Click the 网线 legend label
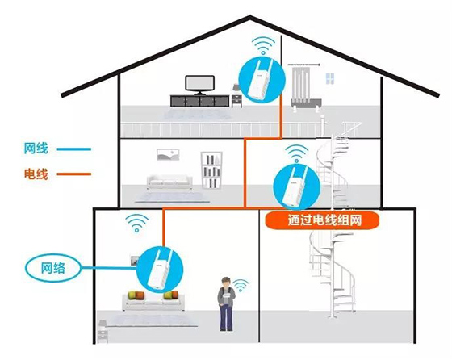36,149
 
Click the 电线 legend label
36,174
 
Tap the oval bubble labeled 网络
53,268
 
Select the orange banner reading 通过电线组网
322,220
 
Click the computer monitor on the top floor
200,85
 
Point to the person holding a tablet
226,303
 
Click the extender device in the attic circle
259,81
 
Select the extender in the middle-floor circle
295,186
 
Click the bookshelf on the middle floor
211,170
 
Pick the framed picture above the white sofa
168,154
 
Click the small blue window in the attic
330,78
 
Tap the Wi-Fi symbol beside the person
241,286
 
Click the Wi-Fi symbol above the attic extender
263,45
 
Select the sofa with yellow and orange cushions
153,300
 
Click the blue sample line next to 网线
73,149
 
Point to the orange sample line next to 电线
73,174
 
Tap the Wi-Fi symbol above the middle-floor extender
296,153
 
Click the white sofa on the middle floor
169,182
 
